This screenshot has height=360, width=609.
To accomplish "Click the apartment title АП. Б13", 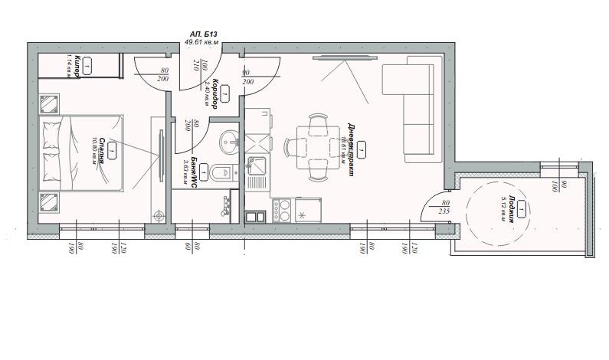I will pyautogui.click(x=203, y=34).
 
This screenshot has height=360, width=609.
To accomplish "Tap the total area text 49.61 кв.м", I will pyautogui.click(x=203, y=44).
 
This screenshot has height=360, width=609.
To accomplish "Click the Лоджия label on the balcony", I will pyautogui.click(x=512, y=208).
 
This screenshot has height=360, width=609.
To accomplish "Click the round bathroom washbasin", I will pyautogui.click(x=228, y=141).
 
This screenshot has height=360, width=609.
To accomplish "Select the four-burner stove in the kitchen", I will pyautogui.click(x=281, y=210).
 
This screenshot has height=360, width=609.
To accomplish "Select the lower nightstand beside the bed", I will pyautogui.click(x=50, y=203).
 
